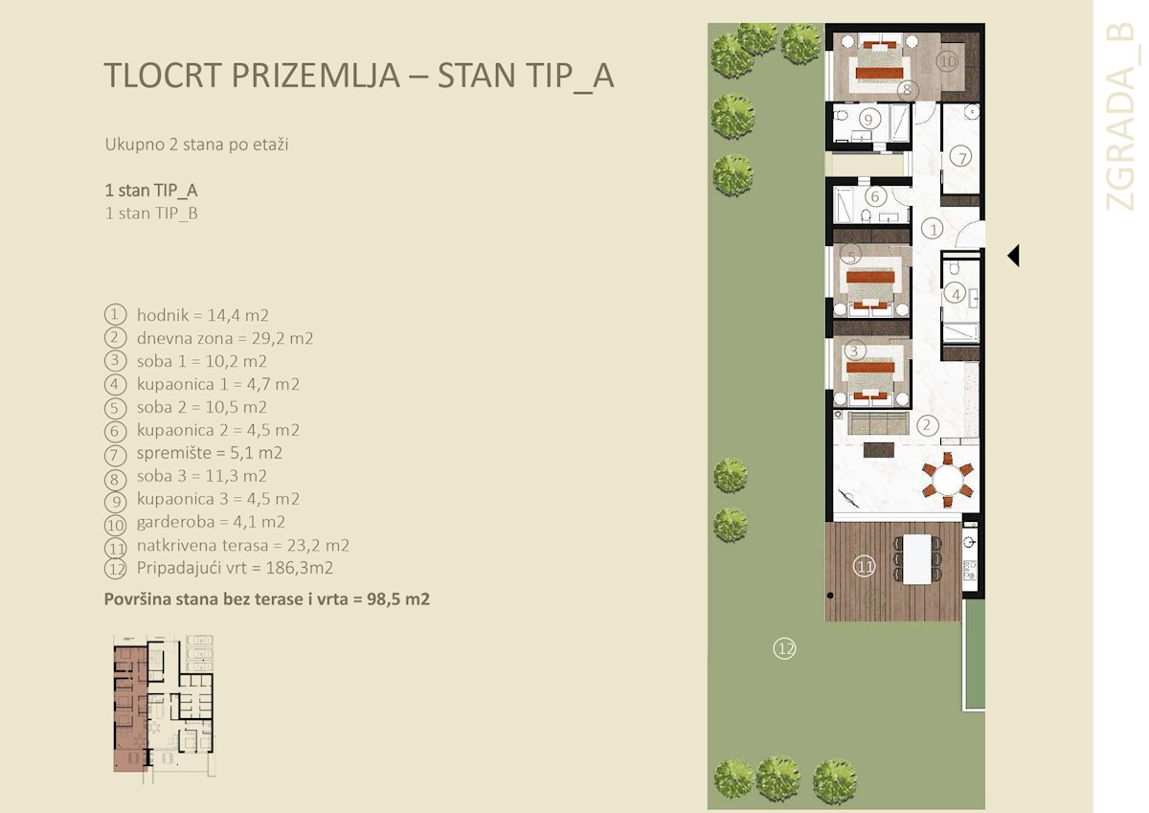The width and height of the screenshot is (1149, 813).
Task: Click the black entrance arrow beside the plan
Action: (1013, 256)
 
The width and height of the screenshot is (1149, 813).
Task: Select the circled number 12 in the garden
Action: (784, 649)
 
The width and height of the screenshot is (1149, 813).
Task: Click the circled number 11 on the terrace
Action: (865, 567)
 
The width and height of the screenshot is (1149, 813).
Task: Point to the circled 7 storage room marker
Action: (959, 157)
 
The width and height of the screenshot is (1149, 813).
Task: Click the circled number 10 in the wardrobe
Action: (947, 61)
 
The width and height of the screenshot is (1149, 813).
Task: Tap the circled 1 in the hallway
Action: (932, 229)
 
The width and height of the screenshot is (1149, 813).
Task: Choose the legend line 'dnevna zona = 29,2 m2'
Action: (224, 338)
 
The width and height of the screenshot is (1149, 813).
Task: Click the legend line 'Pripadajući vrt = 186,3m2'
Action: (234, 568)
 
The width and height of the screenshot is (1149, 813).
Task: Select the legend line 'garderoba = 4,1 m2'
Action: (211, 522)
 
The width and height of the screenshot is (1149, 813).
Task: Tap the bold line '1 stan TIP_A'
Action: (151, 190)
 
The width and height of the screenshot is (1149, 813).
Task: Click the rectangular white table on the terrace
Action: (917, 557)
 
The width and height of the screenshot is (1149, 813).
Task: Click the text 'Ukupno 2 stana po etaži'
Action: (196, 146)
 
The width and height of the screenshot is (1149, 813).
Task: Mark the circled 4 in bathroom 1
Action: (955, 294)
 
